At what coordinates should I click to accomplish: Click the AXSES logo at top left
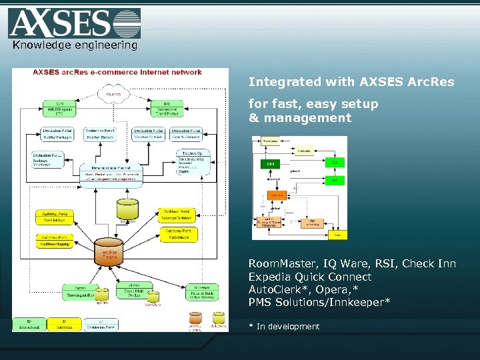pos(74,23)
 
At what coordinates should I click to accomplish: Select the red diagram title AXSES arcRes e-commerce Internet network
pos(117,72)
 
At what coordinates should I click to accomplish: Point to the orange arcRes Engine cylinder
pos(109,252)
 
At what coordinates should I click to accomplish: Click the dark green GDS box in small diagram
pos(270,163)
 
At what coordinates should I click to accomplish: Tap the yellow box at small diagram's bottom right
pos(337,234)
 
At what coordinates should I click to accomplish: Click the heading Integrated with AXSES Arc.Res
pos(351,82)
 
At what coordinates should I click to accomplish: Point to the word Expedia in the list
pos(271,277)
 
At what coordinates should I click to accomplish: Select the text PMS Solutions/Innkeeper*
pos(319,303)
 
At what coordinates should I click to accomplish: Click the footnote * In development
pos(284,326)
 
